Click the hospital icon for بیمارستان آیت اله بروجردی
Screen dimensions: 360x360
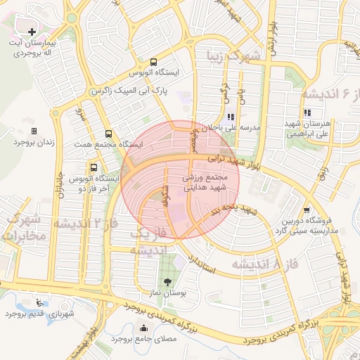coord(32,32)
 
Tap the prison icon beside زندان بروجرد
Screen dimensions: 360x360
coord(33,131)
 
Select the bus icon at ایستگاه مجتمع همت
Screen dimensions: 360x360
coord(108,134)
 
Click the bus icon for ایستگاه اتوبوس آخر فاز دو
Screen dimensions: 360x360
coord(94,167)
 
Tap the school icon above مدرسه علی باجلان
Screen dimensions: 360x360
coord(231,117)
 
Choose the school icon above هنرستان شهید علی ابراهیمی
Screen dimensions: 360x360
coord(307,112)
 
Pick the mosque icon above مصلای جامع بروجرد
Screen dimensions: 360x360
coord(144,327)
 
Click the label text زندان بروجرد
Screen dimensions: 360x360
coord(33,142)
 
